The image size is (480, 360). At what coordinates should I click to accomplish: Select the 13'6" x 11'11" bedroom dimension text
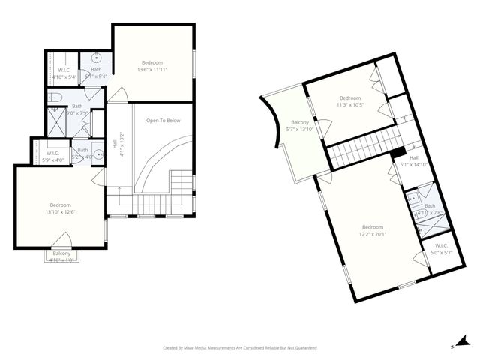(152, 70)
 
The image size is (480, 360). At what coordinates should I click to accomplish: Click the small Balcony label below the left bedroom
(61, 257)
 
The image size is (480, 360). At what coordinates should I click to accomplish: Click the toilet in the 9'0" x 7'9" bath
(55, 97)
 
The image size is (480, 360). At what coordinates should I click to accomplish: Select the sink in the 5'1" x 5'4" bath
(97, 58)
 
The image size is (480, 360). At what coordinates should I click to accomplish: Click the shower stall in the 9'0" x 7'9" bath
(56, 120)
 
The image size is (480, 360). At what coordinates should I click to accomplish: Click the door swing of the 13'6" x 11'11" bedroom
(117, 95)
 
